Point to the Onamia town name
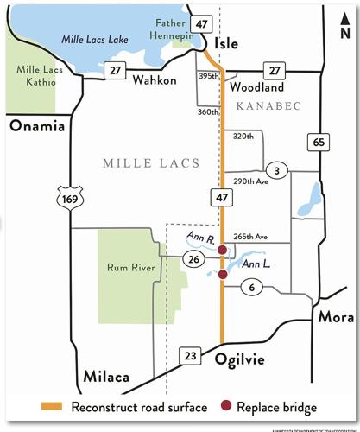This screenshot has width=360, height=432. pos(35,126)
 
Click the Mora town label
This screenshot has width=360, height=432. pos(337,317)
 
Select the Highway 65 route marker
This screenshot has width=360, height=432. pos(319,141)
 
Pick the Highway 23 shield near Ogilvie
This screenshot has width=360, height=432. pos(190,354)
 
